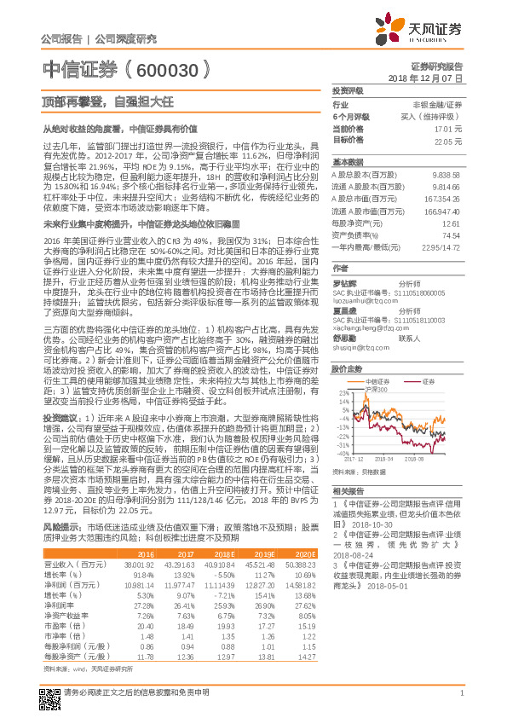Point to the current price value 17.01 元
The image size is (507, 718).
(449, 129)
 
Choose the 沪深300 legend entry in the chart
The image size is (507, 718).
(376, 366)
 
